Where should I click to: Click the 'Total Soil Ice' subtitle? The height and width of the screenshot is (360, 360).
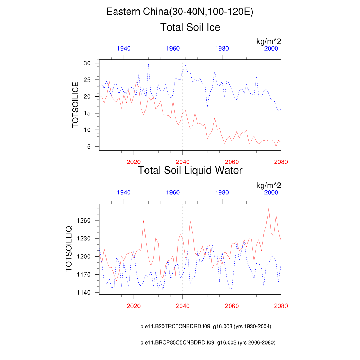pos(190,27)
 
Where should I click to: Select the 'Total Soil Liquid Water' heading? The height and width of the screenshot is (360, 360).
pos(190,171)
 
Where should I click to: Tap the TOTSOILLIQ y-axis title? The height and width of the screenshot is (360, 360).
pos(69,249)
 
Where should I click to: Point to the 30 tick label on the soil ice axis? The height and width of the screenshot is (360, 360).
pos(87,63)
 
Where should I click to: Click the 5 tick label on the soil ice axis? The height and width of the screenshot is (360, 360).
pos(89,147)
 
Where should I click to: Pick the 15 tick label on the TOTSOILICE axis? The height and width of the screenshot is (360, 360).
pos(87,113)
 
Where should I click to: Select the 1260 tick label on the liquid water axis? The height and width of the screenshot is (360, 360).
pos(84,220)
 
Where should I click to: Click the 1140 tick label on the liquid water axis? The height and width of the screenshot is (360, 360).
pos(84,292)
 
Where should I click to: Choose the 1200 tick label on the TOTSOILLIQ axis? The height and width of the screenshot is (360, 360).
pos(84,257)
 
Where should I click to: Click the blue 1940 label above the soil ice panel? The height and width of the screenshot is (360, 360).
pos(124,49)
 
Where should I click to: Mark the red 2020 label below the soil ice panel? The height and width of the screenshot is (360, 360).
pos(134,162)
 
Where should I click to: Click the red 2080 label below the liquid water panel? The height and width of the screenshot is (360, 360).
pos(281,306)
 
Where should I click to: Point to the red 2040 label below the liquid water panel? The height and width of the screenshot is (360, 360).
pos(183,306)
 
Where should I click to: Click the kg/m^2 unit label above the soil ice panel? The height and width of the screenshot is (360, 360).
pos(269,42)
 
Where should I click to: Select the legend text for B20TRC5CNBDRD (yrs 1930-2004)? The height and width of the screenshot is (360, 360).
pos(206,327)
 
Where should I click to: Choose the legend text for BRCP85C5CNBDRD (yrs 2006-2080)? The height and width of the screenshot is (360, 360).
pos(207,342)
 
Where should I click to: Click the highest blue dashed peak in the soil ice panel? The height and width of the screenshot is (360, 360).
pos(148,64)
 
